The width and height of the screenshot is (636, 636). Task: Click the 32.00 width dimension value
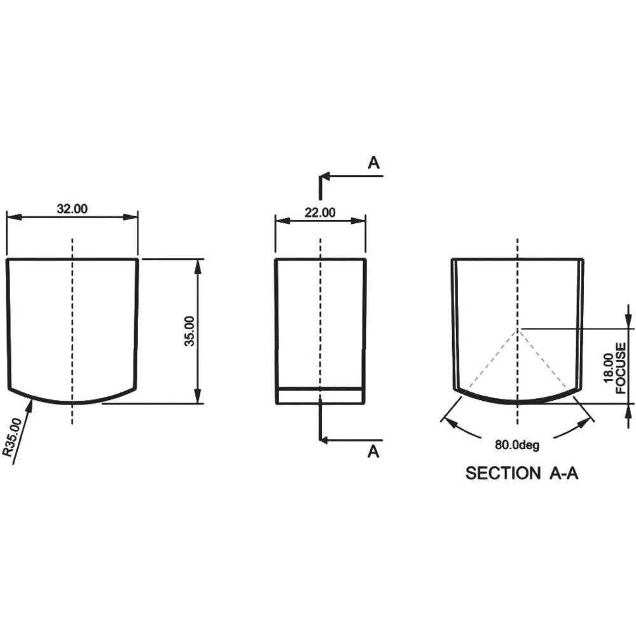click(72, 209)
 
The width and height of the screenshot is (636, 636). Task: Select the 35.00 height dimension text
click(190, 331)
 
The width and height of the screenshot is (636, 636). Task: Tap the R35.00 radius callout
click(11, 436)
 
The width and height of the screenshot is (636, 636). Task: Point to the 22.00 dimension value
click(319, 212)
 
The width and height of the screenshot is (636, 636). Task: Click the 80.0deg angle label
click(517, 445)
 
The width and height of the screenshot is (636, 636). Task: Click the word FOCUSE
click(621, 368)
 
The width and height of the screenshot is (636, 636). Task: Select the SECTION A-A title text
click(522, 473)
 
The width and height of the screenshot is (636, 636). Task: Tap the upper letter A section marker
click(374, 163)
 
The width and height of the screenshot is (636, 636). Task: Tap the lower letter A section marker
click(374, 452)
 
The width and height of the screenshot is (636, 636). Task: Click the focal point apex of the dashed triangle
click(519, 329)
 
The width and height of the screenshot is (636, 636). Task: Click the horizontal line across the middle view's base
click(320, 388)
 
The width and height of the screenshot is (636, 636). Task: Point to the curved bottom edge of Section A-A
click(518, 402)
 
